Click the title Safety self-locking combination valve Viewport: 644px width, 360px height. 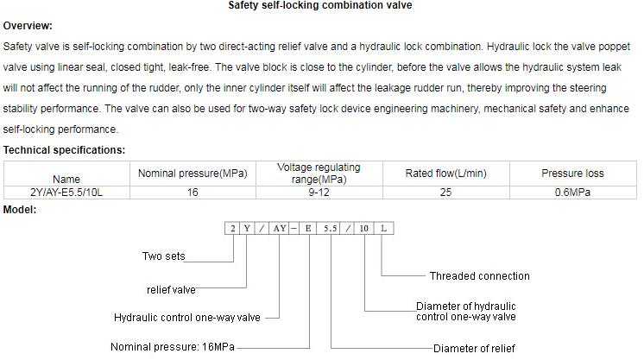pos(319,5)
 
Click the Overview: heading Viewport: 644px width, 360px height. pos(28,26)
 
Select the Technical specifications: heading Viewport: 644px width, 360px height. pos(64,150)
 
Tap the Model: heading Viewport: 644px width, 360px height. pos(20,210)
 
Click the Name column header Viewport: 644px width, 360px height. pos(66,180)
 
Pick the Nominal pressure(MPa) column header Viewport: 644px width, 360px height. pos(193,174)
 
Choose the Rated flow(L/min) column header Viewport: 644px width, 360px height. pos(445,174)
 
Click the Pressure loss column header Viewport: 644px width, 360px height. pos(571,174)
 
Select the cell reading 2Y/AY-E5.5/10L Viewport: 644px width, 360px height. pos(66,193)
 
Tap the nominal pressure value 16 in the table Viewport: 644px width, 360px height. pos(193,193)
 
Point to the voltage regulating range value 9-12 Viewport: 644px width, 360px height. pos(319,193)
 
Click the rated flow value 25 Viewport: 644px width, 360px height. pos(445,193)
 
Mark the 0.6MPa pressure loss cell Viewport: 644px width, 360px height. pos(571,193)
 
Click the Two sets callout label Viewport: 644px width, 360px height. pos(163,256)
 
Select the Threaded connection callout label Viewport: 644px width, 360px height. pos(479,276)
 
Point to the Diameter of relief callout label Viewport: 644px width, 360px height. pos(474,349)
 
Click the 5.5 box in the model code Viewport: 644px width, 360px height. pos(330,229)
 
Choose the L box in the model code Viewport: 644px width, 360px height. pos(384,229)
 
